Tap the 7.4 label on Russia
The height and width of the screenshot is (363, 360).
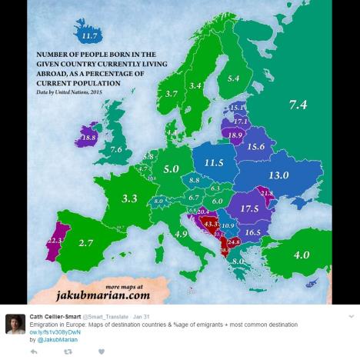pos(298,105)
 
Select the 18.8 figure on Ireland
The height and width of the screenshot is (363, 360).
pos(89,137)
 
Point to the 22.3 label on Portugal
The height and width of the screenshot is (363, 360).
pos(54,241)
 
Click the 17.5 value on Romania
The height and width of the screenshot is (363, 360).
pos(248,208)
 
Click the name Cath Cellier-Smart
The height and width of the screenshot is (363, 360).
pos(57,316)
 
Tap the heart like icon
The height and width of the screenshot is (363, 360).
pos(101,351)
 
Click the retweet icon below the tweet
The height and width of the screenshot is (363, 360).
pos(67,351)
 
